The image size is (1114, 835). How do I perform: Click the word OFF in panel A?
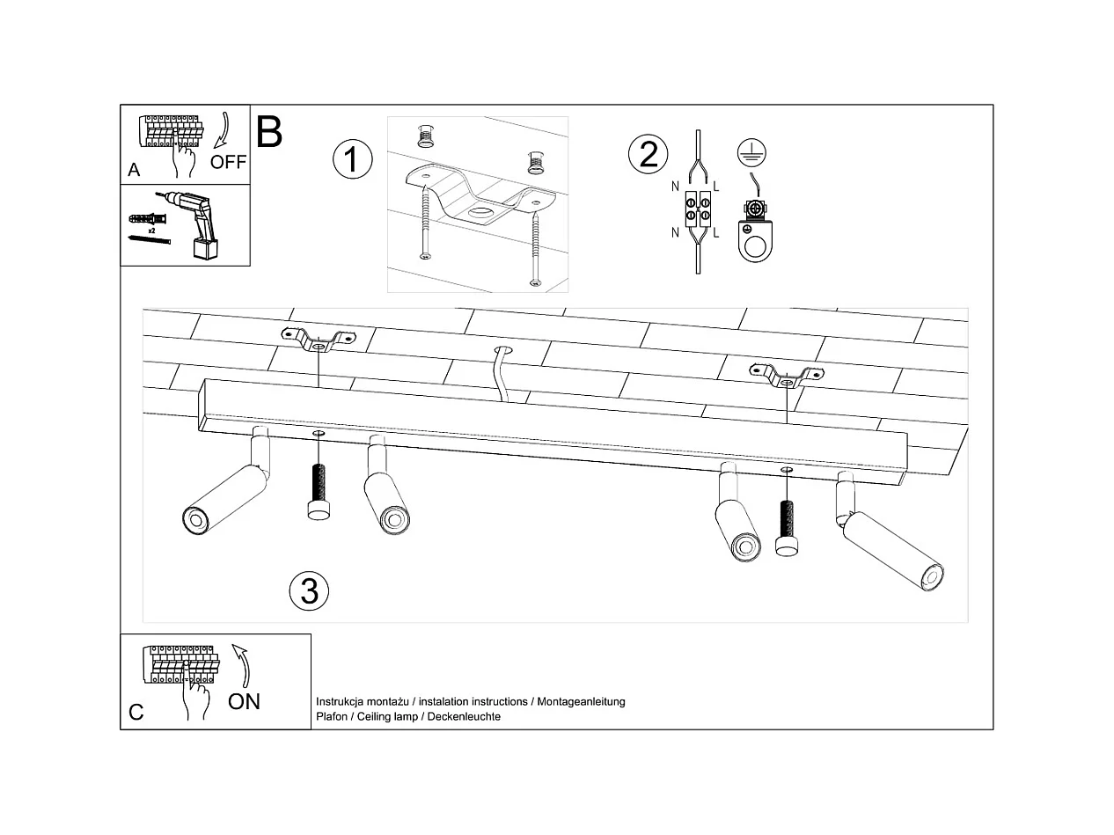click(x=228, y=162)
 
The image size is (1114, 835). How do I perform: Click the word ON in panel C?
click(x=244, y=701)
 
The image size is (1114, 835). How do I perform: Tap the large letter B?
click(x=269, y=132)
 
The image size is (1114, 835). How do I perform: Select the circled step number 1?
click(x=352, y=160)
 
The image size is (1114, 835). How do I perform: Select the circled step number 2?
click(x=648, y=154)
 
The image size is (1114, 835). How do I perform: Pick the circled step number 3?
click(x=309, y=591)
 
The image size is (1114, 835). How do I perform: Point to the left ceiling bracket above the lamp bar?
click(x=317, y=339)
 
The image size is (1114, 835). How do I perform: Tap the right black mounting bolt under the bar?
click(x=787, y=529)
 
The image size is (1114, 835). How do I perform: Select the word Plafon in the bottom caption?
click(x=331, y=717)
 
